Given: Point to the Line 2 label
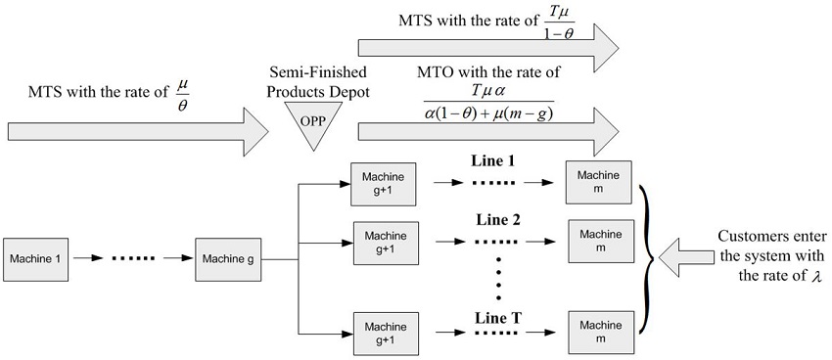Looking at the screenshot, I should point(492,219).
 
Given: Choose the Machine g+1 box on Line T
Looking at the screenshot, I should point(385,333).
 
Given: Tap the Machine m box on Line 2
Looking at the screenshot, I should point(600,241).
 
